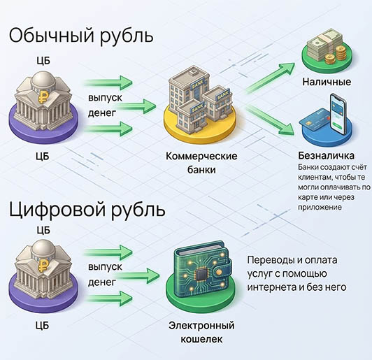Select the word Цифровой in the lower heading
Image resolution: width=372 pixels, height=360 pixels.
pos(57,209)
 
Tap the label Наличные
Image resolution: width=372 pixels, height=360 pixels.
pos(327,82)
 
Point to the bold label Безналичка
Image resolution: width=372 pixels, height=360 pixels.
pos(327,156)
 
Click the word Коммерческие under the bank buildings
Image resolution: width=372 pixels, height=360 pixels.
pos(201,157)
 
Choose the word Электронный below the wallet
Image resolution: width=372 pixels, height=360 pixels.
pos(201,325)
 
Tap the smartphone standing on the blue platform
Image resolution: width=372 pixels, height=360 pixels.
pos(338,114)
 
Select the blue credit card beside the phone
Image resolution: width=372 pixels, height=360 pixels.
pos(315,122)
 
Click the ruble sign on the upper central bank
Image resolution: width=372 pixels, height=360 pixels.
pos(43,96)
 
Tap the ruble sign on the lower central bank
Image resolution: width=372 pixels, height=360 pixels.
pos(43,265)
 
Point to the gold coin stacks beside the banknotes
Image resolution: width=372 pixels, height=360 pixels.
pos(335,56)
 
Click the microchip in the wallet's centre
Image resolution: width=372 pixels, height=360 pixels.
pos(201,275)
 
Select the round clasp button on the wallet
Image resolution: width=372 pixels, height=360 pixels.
pos(220,271)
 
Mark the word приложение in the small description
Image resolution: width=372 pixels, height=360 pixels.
pos(320,208)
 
